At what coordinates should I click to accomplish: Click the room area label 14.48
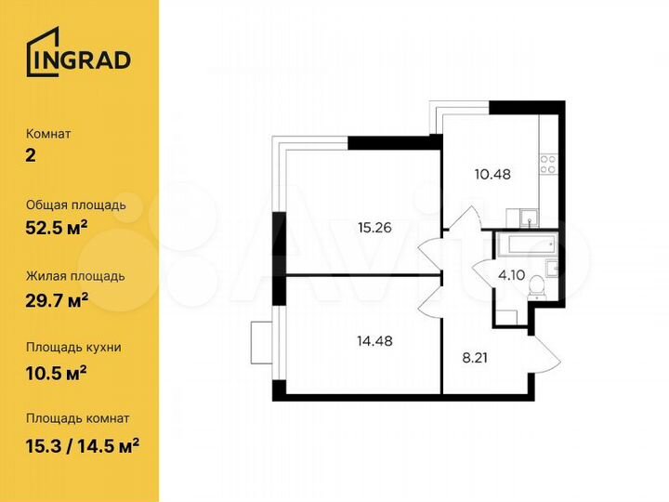[374, 340]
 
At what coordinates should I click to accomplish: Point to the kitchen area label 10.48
[492, 173]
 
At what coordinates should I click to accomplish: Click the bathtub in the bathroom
[525, 244]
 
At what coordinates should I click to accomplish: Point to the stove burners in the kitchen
[548, 165]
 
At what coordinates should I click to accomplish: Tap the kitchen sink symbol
[527, 218]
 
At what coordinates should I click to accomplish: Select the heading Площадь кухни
[73, 347]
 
